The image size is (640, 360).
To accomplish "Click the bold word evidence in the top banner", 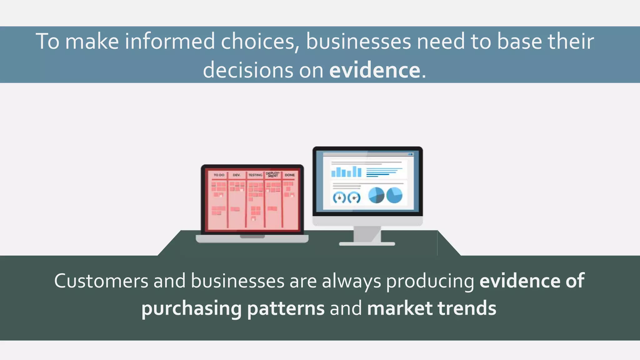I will click(x=374, y=70).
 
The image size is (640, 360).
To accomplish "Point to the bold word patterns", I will click(x=286, y=308).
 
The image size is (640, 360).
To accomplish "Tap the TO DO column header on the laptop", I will click(x=219, y=175).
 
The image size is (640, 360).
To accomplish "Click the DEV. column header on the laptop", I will click(x=237, y=175).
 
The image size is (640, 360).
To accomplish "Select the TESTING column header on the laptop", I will click(x=255, y=175).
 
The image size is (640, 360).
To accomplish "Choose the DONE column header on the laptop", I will click(x=290, y=175).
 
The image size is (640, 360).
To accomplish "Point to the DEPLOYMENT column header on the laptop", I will click(x=273, y=175).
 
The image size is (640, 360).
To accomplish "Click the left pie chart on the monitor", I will click(x=376, y=195).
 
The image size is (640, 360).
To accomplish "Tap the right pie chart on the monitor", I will click(x=394, y=195).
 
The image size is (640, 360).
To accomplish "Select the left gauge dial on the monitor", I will click(x=339, y=197).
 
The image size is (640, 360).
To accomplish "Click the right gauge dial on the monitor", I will click(x=354, y=197).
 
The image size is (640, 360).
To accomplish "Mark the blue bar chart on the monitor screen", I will click(x=346, y=172).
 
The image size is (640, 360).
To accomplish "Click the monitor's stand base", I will click(x=367, y=244).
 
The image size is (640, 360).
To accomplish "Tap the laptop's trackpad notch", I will click(x=252, y=237).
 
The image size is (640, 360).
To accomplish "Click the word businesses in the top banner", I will click(x=358, y=41).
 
